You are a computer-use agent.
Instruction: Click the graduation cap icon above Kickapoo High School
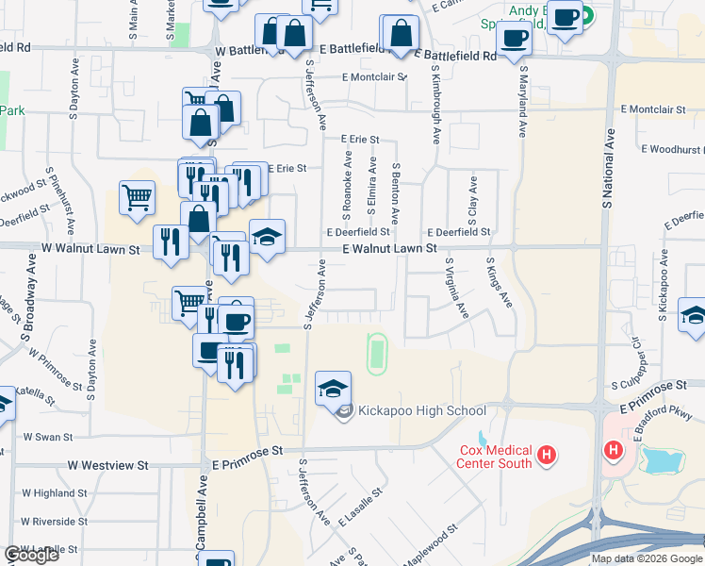[333, 387]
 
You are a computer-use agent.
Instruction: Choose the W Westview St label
[108, 465]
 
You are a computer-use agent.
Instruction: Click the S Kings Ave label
[499, 281]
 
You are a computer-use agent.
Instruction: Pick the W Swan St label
[48, 437]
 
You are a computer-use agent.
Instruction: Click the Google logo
[31, 555]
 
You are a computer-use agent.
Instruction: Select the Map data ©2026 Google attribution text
[646, 558]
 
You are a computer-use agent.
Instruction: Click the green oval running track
[377, 352]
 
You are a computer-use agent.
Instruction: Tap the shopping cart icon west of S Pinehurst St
[137, 198]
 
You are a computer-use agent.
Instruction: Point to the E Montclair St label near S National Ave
[659, 110]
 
